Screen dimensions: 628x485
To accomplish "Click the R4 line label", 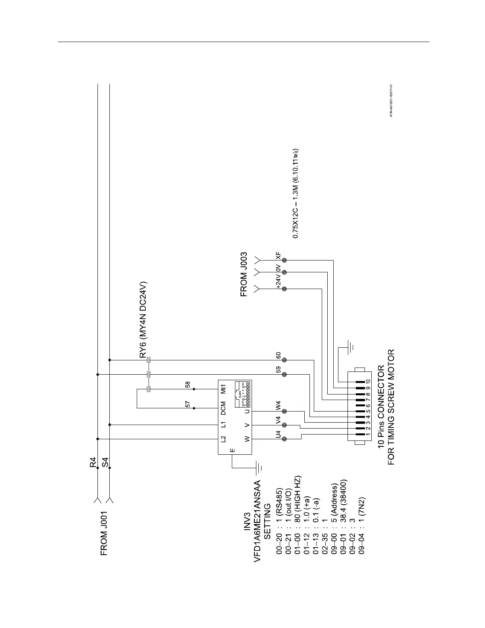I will pos(93,462).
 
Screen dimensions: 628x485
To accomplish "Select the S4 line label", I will pos(105,462).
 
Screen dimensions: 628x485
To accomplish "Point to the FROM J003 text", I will pos(244,274).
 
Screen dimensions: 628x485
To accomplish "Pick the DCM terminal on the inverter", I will pos(223,409).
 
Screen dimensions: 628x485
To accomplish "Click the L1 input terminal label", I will pos(223,425).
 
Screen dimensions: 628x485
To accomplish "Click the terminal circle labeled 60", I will pos(284,360).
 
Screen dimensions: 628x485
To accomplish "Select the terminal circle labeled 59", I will pos(284,374).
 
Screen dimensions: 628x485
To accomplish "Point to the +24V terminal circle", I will pos(284,289).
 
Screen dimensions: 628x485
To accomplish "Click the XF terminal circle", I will pos(284,260).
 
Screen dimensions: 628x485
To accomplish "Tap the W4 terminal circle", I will pos(284,411).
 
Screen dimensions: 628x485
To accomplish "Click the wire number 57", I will pos(188,404).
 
